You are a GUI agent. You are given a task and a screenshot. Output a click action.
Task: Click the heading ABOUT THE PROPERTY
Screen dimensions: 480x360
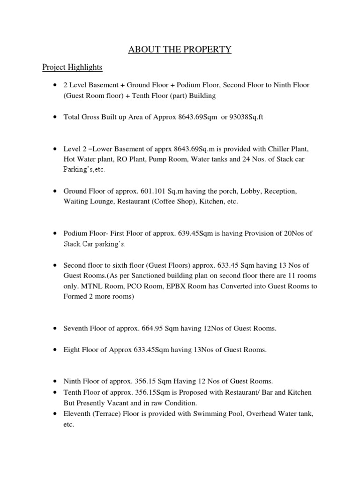click(x=180, y=49)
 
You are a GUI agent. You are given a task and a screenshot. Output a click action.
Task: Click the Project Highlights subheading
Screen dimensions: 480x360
click(x=72, y=67)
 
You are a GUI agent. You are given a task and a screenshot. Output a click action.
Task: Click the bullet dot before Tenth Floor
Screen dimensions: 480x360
click(x=55, y=392)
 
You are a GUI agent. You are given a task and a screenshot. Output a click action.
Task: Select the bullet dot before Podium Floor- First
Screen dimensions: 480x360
click(x=55, y=233)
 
